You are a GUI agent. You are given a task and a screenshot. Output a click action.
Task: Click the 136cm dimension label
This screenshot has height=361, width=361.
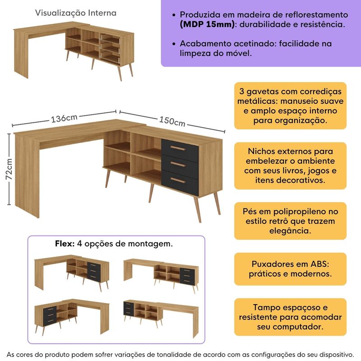(x=65, y=119)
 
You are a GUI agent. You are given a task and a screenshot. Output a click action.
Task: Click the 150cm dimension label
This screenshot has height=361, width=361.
(x=172, y=121)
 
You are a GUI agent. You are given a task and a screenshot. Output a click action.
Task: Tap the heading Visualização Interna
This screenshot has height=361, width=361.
(x=76, y=13)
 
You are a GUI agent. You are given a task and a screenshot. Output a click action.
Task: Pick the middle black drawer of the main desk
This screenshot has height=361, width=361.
(x=180, y=164)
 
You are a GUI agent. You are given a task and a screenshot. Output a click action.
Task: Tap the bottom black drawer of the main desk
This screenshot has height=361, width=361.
(x=180, y=180)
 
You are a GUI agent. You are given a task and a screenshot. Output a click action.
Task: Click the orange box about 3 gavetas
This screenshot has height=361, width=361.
(x=290, y=106)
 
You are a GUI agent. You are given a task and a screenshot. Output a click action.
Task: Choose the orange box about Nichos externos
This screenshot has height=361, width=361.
(x=290, y=165)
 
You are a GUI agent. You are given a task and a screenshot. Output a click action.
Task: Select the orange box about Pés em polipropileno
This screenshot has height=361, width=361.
(x=290, y=221)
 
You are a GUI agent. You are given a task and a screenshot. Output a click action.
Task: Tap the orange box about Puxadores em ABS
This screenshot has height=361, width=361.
(x=290, y=268)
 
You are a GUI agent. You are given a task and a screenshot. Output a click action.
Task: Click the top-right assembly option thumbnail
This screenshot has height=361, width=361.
(x=161, y=273)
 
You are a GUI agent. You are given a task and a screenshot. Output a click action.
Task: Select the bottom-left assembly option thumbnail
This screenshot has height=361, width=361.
(x=72, y=315)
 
